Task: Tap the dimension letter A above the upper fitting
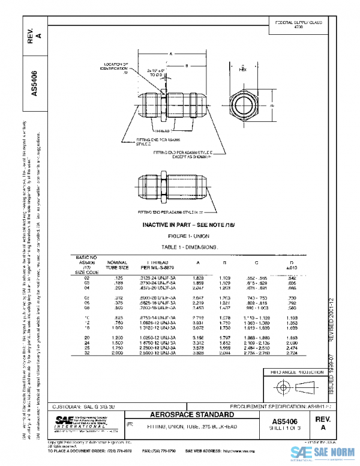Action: point(170,54)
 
